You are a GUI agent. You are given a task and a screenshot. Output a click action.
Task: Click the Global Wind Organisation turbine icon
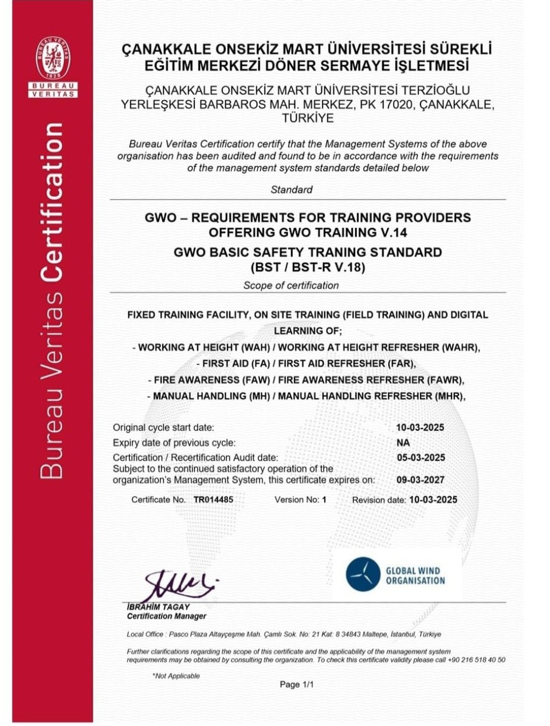point(363,574)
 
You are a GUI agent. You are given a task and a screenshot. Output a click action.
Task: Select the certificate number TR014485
point(213,500)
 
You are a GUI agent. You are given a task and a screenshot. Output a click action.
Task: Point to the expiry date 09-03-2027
point(421,480)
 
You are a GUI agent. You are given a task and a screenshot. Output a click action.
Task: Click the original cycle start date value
point(420,427)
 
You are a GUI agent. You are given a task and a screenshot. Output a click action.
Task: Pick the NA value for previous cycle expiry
point(403,443)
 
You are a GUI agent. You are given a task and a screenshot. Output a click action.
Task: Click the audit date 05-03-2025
point(421,458)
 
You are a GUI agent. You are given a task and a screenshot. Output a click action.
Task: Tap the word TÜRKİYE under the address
point(308,119)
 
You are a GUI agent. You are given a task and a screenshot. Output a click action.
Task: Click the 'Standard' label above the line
point(292,190)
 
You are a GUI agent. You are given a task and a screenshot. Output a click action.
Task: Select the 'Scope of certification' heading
point(291,285)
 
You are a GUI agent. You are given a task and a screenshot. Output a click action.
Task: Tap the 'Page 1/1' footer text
point(297,684)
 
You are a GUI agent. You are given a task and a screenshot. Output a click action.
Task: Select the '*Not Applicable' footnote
point(176,676)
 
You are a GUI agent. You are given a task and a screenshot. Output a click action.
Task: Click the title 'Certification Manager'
point(167,617)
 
